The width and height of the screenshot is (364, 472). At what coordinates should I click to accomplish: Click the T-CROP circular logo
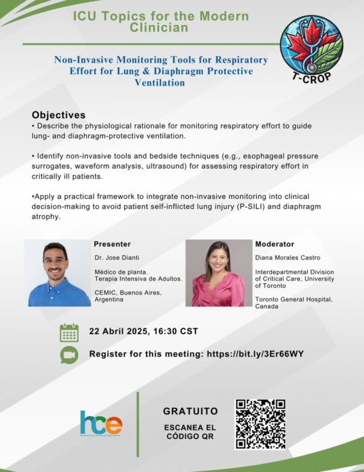(x=311, y=48)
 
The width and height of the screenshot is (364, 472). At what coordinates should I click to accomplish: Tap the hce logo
(x=101, y=423)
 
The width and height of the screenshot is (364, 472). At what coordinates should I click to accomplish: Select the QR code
(x=260, y=424)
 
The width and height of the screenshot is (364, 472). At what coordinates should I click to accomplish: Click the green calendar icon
(x=69, y=332)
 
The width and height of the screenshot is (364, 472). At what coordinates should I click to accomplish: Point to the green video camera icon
(x=69, y=355)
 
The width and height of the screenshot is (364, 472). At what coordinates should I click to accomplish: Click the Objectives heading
(x=59, y=115)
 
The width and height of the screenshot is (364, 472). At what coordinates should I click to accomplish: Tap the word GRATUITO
(x=190, y=411)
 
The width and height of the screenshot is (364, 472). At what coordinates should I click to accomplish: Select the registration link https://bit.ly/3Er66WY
(x=255, y=354)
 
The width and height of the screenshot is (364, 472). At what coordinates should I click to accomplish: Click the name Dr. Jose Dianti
(x=117, y=258)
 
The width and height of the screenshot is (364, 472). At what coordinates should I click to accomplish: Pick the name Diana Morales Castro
(x=288, y=258)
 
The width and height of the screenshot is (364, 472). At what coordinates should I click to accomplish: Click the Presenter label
(x=112, y=244)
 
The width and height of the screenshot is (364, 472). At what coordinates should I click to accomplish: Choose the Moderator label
(x=274, y=244)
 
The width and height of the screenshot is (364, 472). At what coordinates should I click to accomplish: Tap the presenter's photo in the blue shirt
(x=57, y=273)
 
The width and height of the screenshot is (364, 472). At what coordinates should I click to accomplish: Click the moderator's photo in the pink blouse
(x=218, y=273)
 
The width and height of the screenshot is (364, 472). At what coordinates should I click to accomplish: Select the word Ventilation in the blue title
(x=160, y=83)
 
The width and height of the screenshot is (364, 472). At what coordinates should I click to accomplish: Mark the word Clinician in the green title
(x=159, y=28)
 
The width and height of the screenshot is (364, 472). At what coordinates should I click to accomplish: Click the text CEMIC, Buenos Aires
(x=128, y=293)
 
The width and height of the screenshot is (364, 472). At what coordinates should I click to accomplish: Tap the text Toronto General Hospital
(x=294, y=299)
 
